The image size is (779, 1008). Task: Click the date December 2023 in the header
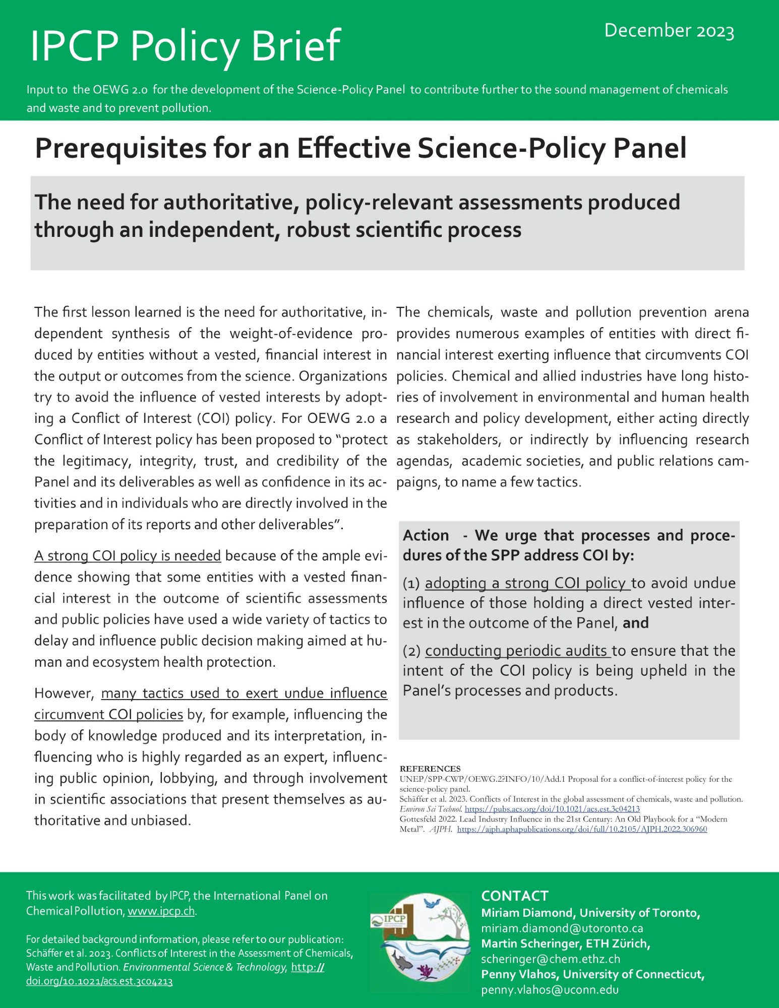(669, 31)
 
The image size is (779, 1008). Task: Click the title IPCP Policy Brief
(185, 46)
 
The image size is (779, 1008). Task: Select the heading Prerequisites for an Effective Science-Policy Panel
(361, 148)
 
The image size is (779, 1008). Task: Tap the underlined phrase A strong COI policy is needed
(128, 555)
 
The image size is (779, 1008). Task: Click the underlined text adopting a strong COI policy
(527, 583)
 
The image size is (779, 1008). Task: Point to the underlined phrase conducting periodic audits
(518, 651)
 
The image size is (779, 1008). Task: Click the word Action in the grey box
(426, 535)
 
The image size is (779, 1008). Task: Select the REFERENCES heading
(430, 769)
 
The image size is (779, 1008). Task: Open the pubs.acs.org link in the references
(552, 809)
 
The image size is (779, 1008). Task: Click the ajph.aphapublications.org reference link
(582, 829)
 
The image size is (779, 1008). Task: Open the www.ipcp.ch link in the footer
(161, 911)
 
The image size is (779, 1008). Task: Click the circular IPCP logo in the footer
(420, 942)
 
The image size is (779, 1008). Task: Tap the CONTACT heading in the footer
(514, 896)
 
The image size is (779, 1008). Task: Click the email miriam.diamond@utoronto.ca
(562, 928)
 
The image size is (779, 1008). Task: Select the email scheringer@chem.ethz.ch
(550, 959)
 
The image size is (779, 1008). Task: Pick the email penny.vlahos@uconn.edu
(550, 990)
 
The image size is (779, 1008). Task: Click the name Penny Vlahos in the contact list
(517, 974)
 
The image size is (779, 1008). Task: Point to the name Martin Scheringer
(529, 943)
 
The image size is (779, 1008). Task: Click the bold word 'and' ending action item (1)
(635, 623)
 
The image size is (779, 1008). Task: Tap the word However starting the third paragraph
(64, 694)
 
